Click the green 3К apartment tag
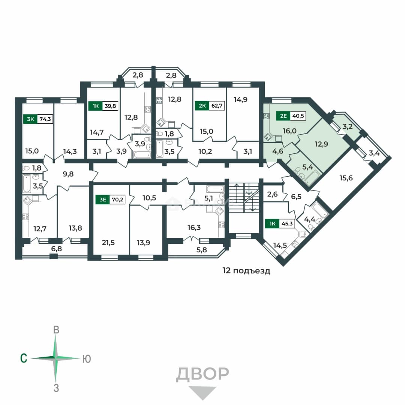[30, 119]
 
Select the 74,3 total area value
[45, 119]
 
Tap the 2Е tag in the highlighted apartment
[283, 116]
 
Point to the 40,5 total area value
[298, 116]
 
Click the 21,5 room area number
[108, 243]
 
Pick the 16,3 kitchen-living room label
[194, 227]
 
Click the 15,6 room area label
[346, 178]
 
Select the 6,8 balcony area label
[57, 249]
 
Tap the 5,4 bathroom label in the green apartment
[307, 167]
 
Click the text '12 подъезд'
[246, 271]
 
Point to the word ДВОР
[202, 374]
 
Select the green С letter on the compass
[24, 358]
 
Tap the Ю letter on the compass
[87, 359]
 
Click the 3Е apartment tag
[103, 199]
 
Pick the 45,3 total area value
[287, 223]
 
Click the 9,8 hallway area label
[68, 174]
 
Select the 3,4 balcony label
[374, 153]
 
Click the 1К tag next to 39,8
[96, 106]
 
